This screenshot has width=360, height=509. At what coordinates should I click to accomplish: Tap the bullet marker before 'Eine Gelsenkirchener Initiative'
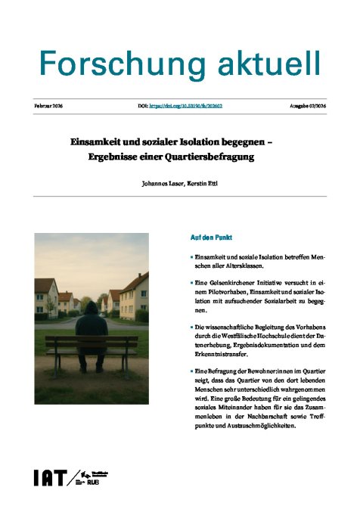click(192, 283)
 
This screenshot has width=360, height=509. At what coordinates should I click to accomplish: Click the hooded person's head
click(92, 308)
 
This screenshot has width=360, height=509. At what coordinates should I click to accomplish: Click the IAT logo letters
click(48, 477)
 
